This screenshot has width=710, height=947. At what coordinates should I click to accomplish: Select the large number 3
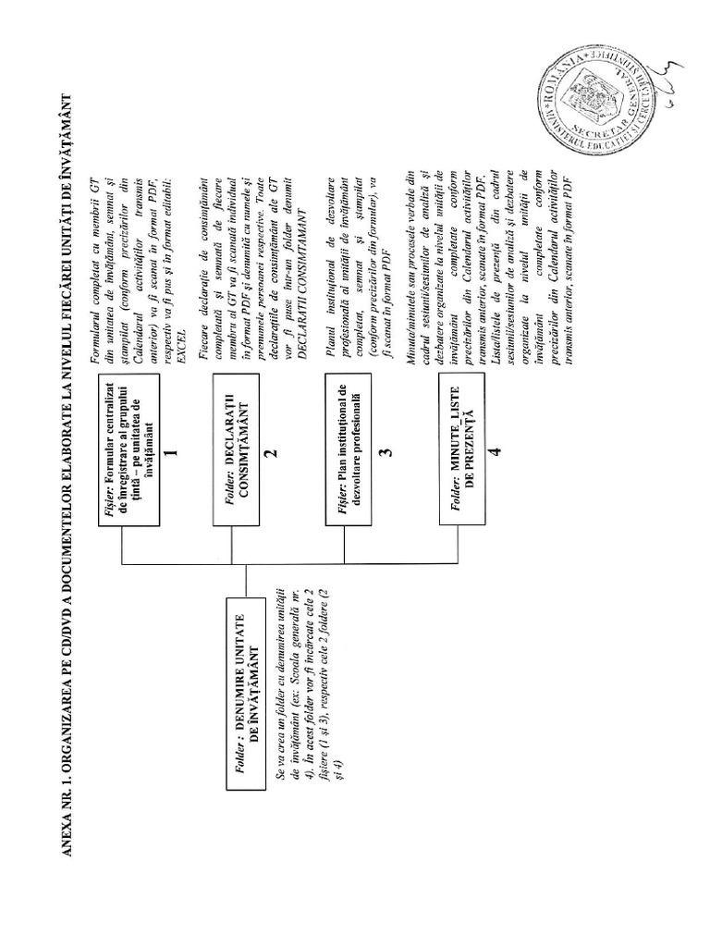(386, 452)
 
